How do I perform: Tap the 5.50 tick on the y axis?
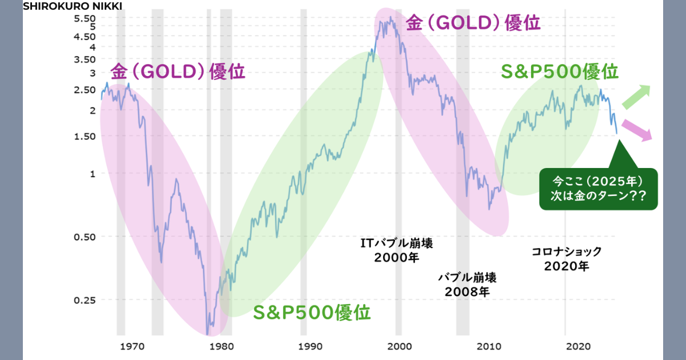pos(85,18)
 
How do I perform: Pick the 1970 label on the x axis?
pos(131,346)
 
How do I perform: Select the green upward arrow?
pos(636,96)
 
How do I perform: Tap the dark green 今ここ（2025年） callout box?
pos(599,189)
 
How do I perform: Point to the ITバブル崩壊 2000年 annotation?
pos(397,250)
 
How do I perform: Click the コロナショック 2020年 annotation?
pos(567,258)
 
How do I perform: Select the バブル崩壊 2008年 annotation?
pos(467,285)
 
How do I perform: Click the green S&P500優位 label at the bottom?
pos(312,313)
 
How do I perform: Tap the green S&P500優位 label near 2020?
pos(560,73)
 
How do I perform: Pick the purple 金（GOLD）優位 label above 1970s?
pos(178,73)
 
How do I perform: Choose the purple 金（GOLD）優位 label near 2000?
pos(473,23)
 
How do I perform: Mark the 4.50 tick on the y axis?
pos(85,36)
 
